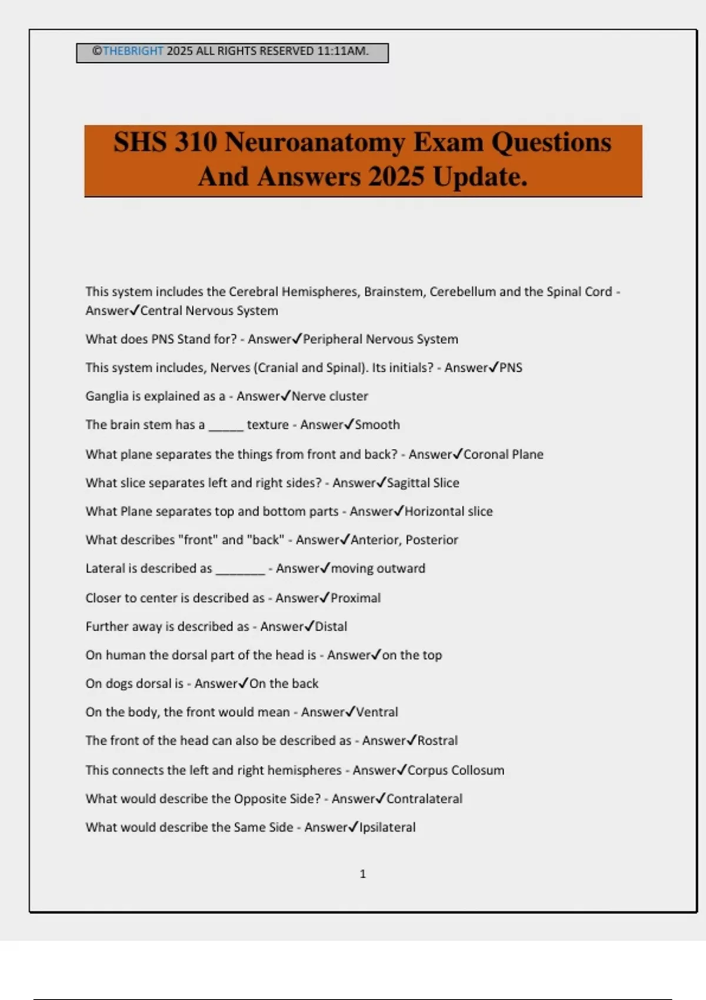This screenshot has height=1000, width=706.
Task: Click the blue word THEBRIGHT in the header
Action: (x=133, y=51)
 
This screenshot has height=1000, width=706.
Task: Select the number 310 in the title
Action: (x=195, y=142)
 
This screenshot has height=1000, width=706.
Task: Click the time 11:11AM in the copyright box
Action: (x=342, y=51)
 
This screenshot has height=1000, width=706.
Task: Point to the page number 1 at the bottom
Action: (x=362, y=874)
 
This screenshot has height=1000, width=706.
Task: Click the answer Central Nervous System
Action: (x=209, y=311)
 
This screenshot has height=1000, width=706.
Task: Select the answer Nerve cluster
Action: (x=329, y=396)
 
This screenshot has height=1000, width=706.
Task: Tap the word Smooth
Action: (x=377, y=425)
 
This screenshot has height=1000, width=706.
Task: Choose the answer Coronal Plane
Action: (x=503, y=454)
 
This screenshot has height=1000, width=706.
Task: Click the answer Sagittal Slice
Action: (x=422, y=483)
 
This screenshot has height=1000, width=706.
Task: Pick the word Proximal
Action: (x=355, y=598)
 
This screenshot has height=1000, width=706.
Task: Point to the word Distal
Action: (x=331, y=626)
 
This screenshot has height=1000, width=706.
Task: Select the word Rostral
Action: (x=437, y=741)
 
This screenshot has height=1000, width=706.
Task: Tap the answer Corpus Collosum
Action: (x=455, y=770)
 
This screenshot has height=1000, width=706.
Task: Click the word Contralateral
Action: (x=424, y=799)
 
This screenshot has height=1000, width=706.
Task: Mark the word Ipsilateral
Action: (x=387, y=827)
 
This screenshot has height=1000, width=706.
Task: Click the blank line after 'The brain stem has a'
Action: (x=226, y=427)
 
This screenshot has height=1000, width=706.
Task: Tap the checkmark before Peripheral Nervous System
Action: (x=297, y=338)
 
